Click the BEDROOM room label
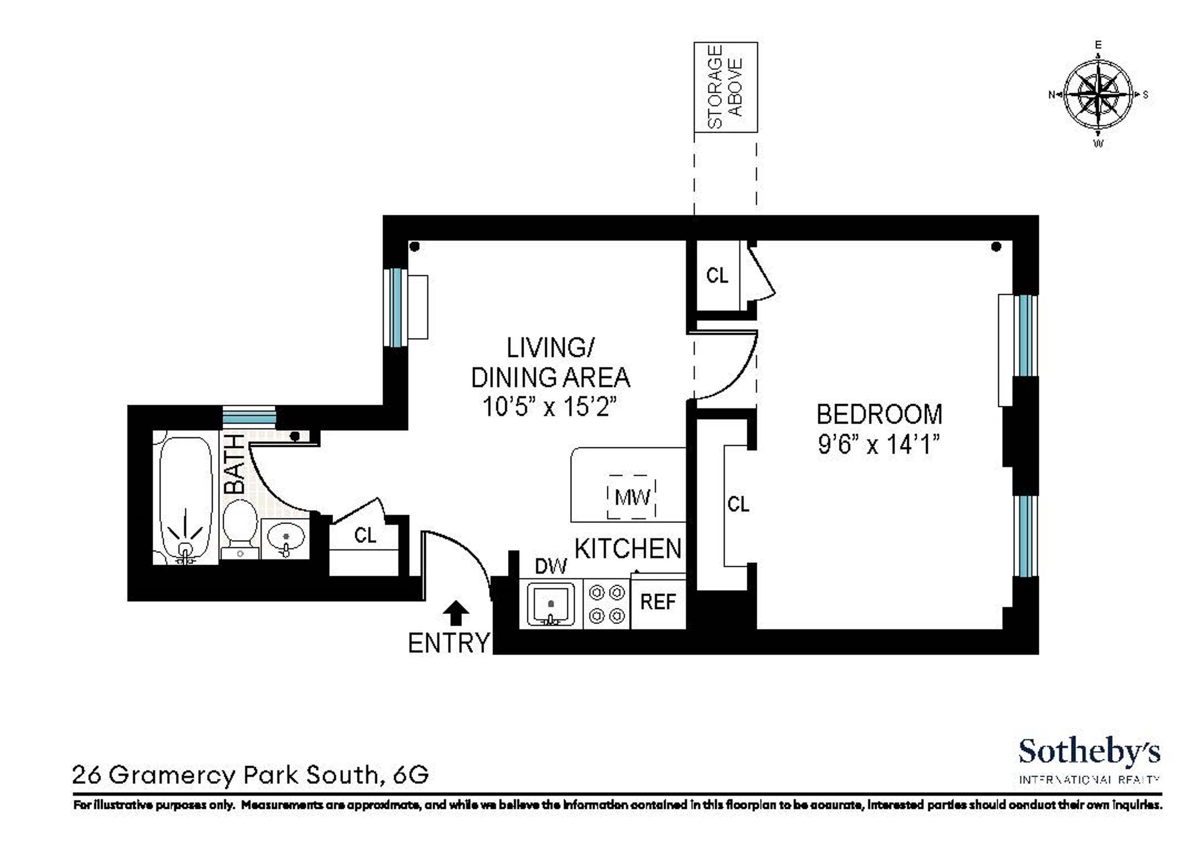879,415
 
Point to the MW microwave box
632,497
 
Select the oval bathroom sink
285,538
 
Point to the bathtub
185,500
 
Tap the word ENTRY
449,643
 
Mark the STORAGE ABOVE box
726,87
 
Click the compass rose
1098,95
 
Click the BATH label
234,464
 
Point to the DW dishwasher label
551,566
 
